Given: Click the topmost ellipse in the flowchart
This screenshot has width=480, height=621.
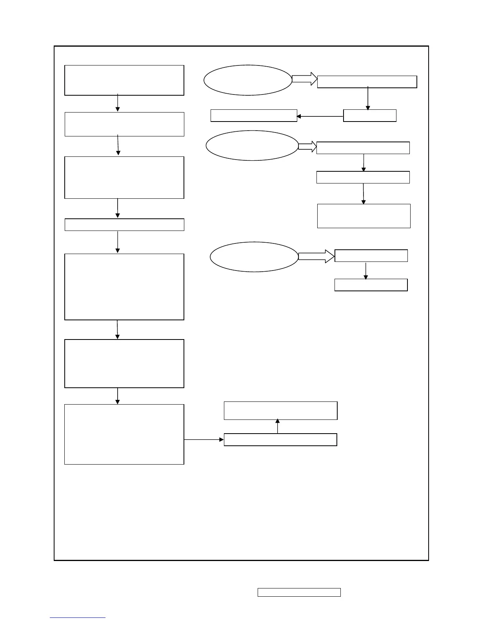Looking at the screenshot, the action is tap(248, 80).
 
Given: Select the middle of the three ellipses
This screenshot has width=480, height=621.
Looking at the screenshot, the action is tap(252, 145).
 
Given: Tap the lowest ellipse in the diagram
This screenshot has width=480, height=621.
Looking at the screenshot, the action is tap(254, 257).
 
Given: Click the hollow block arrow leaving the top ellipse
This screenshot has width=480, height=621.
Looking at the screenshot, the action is tap(305, 79).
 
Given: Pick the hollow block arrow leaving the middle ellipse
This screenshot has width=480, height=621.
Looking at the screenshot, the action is tap(307, 147).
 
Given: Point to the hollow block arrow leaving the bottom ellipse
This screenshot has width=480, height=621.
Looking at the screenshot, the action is tap(316, 256).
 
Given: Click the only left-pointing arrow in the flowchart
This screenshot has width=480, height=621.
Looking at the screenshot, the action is tap(320, 116).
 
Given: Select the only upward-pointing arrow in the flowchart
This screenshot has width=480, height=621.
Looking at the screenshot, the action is tap(278, 427).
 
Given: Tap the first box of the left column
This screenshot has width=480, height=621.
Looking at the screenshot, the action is tap(124, 80).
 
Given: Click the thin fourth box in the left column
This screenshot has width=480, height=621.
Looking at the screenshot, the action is tap(124, 225).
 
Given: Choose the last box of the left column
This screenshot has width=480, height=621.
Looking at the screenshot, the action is tap(124, 434).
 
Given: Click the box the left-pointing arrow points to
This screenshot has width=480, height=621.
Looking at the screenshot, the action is tap(254, 116).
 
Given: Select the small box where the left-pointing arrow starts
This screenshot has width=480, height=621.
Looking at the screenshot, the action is tap(370, 116).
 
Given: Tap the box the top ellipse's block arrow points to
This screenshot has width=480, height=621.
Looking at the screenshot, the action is tap(367, 82).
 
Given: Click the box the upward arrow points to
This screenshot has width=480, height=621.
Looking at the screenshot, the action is tap(280, 410).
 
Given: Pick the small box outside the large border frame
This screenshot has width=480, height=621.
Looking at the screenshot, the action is tap(299, 592).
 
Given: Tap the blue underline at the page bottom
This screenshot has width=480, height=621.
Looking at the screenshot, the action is tap(78, 618).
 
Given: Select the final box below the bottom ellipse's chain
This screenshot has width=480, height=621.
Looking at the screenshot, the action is tap(371, 285).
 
